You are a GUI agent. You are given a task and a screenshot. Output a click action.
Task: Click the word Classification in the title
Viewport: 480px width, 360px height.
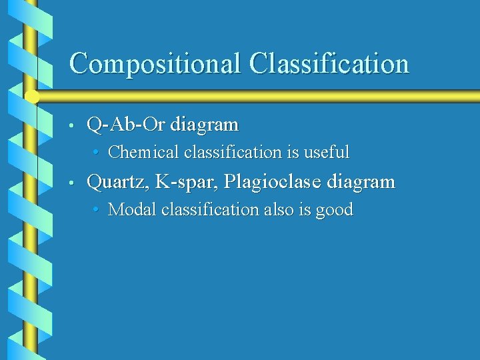point(329,63)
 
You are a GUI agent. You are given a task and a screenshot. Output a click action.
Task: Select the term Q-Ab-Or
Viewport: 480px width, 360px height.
point(127,124)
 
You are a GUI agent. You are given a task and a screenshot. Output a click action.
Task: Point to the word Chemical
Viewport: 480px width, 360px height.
point(143,152)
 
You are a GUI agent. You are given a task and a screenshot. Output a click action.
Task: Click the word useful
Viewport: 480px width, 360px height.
point(326,152)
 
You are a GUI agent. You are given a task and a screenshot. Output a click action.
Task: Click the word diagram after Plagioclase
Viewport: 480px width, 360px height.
point(361,181)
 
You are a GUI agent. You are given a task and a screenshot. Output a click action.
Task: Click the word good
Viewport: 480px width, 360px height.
point(334,210)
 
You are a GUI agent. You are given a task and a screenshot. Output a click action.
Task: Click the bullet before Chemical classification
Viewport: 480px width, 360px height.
point(97,153)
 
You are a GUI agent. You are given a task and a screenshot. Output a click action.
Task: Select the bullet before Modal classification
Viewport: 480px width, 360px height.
point(97,210)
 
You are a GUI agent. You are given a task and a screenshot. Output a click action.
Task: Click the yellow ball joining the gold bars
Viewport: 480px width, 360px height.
point(31,96)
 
